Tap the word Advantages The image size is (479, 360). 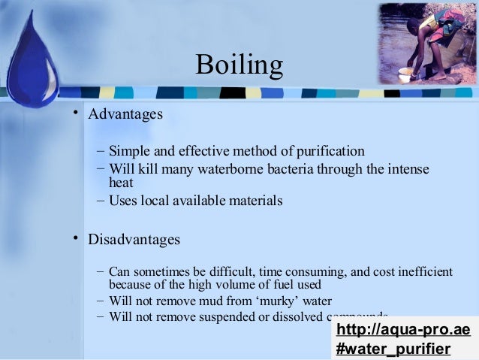point(125,115)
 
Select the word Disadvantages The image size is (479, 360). point(134,240)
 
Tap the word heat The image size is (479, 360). point(121,183)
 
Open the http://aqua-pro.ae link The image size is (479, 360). point(403,331)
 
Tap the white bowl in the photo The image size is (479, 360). point(405,74)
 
